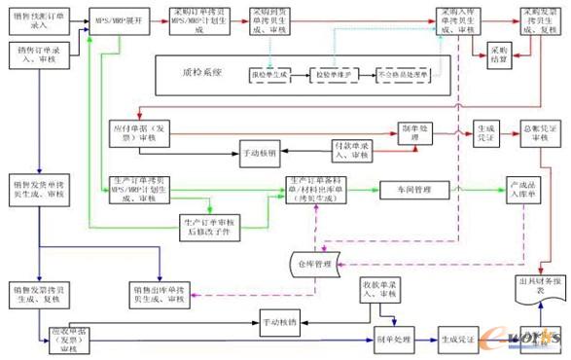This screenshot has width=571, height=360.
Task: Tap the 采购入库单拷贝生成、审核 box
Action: point(456,23)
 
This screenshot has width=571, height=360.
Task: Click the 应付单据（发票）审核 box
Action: point(139,134)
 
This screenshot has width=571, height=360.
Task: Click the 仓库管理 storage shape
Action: point(312,262)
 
